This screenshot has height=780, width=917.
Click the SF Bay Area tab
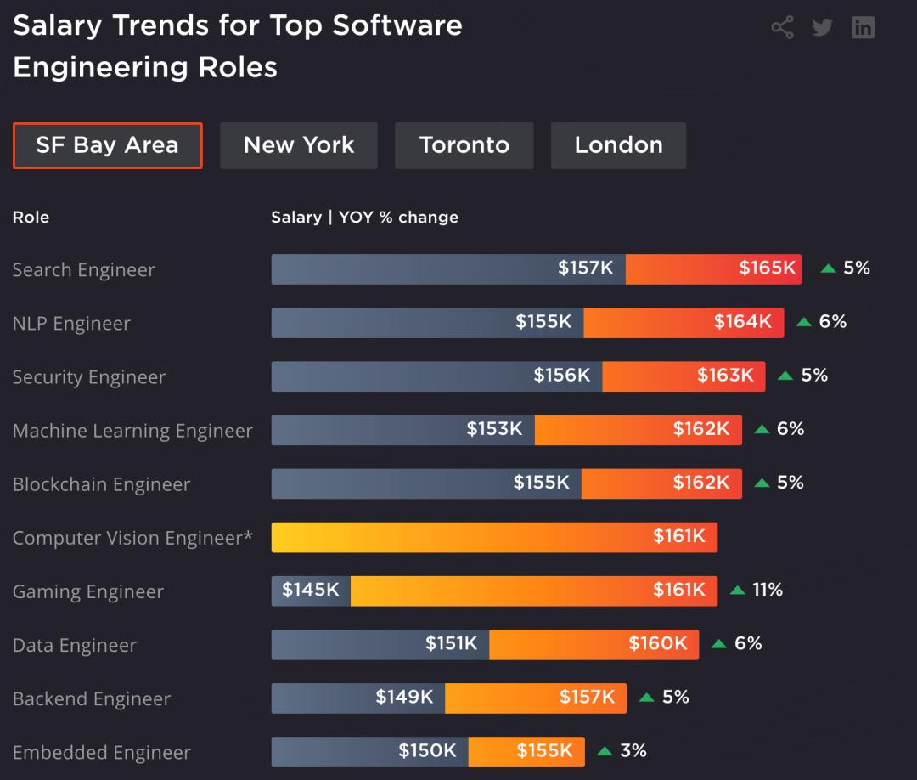coord(107,145)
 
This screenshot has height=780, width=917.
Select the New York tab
coord(299,145)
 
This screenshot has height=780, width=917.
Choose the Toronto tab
coord(464,145)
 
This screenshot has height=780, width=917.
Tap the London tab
coord(618,145)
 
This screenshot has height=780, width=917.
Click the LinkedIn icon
coord(863,27)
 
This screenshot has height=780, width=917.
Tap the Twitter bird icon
coord(822,27)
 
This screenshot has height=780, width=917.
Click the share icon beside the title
coord(782,27)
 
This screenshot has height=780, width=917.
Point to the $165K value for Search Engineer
coord(767,268)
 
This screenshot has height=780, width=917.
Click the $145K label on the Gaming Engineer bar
coord(311,590)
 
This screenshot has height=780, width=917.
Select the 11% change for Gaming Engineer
coord(768,590)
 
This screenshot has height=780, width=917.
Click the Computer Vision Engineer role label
coord(132,538)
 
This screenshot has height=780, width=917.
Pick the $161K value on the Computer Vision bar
coord(678,536)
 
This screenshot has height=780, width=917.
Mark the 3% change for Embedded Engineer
coord(633,750)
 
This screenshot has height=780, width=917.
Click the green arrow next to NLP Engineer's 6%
coord(804,322)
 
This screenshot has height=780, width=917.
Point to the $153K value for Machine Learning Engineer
coord(494,429)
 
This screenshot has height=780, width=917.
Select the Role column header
coord(31,217)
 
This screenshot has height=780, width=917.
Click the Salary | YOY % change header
coord(364,217)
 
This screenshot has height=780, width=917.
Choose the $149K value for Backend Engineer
coord(404,697)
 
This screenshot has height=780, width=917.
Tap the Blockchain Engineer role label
coord(101,484)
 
